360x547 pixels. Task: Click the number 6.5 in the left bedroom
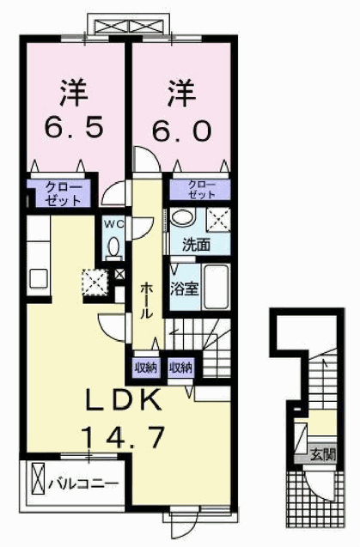click(76, 129)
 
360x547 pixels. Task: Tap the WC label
click(113, 223)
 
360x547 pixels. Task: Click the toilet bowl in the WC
click(113, 246)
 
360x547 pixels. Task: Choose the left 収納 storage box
click(146, 368)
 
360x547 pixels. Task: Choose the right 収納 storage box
click(180, 368)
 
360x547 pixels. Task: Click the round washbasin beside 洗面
click(181, 218)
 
